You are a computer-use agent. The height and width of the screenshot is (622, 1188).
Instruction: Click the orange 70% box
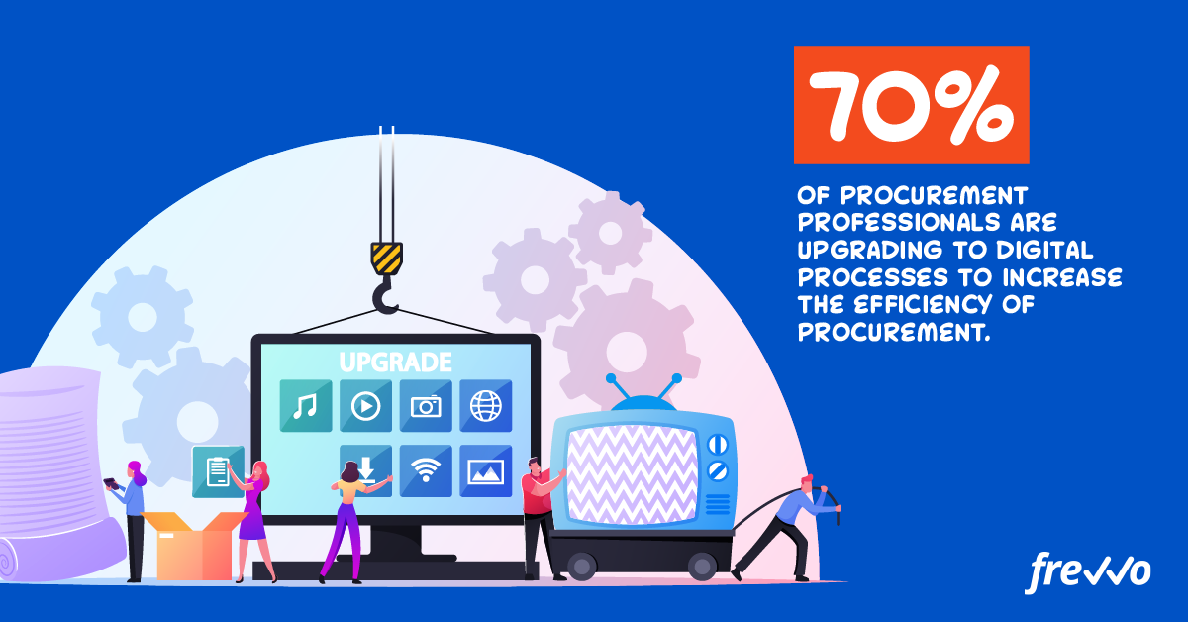tap(911, 105)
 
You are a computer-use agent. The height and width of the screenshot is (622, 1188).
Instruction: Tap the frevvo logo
tap(1087, 573)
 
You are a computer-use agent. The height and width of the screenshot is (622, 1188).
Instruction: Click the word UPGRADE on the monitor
tap(396, 363)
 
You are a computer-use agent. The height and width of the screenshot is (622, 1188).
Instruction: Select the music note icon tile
tap(306, 406)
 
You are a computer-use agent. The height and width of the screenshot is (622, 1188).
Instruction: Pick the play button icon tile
tap(366, 406)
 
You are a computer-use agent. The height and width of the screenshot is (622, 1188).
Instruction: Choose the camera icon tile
tap(426, 406)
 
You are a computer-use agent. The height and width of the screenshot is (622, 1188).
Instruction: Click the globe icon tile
tap(486, 406)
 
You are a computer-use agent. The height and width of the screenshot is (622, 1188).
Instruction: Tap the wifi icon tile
tap(426, 470)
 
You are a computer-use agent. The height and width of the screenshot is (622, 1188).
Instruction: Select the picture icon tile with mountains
tap(486, 470)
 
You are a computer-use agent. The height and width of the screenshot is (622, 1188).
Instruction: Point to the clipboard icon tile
tap(218, 471)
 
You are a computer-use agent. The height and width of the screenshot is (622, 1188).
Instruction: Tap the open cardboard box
tap(194, 546)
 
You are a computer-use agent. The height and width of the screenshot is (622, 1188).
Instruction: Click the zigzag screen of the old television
tap(633, 475)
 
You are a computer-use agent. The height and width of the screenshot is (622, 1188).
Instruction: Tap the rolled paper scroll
tap(53, 473)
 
